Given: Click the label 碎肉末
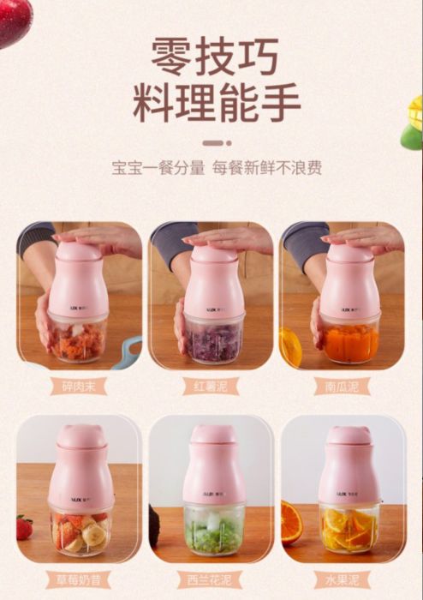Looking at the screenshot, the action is click(x=78, y=387).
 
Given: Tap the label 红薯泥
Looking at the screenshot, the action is click(x=211, y=386).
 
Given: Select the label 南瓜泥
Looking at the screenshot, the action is click(x=342, y=387).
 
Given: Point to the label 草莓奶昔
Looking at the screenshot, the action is click(x=78, y=580).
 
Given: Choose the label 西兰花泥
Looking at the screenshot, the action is click(x=210, y=580).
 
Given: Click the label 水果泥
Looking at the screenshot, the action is click(x=342, y=580).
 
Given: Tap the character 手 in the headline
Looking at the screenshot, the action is click(x=280, y=102).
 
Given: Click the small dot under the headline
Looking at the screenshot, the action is click(x=229, y=143).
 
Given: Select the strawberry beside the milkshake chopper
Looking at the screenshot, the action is click(x=24, y=527).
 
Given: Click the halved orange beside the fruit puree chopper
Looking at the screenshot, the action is click(x=291, y=523).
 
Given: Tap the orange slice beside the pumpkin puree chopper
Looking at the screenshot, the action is click(x=289, y=348).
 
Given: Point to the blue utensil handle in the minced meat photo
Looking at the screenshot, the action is click(x=128, y=352).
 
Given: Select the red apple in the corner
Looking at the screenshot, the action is click(x=15, y=22).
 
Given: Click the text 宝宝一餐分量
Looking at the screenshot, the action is click(x=158, y=168).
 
